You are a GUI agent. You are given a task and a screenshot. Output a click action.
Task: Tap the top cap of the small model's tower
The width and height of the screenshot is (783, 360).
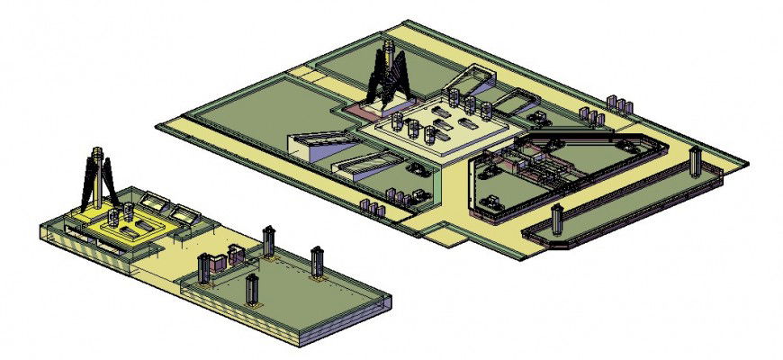[97, 152]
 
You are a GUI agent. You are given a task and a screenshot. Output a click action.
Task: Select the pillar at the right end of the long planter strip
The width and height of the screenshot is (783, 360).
[695, 162]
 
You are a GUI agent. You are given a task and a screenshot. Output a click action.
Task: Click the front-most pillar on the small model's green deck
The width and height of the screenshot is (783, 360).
[252, 290]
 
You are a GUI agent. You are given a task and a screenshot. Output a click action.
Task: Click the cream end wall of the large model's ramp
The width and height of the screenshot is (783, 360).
[297, 144]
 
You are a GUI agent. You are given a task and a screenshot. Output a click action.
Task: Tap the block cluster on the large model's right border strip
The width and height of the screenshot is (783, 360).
[591, 115]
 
